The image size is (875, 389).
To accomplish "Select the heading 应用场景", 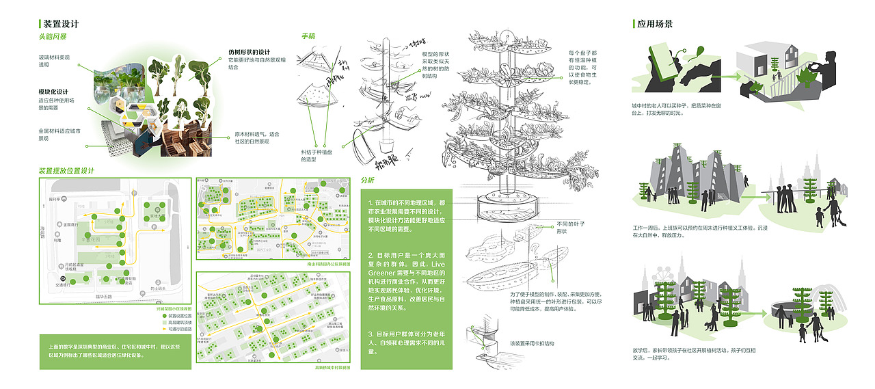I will point(655,24).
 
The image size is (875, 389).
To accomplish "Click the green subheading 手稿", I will point(308,36).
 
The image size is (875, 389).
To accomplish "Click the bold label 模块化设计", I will point(53,92).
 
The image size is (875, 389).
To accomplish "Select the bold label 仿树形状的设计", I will point(250,52).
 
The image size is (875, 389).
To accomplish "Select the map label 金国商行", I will point(70,224).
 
